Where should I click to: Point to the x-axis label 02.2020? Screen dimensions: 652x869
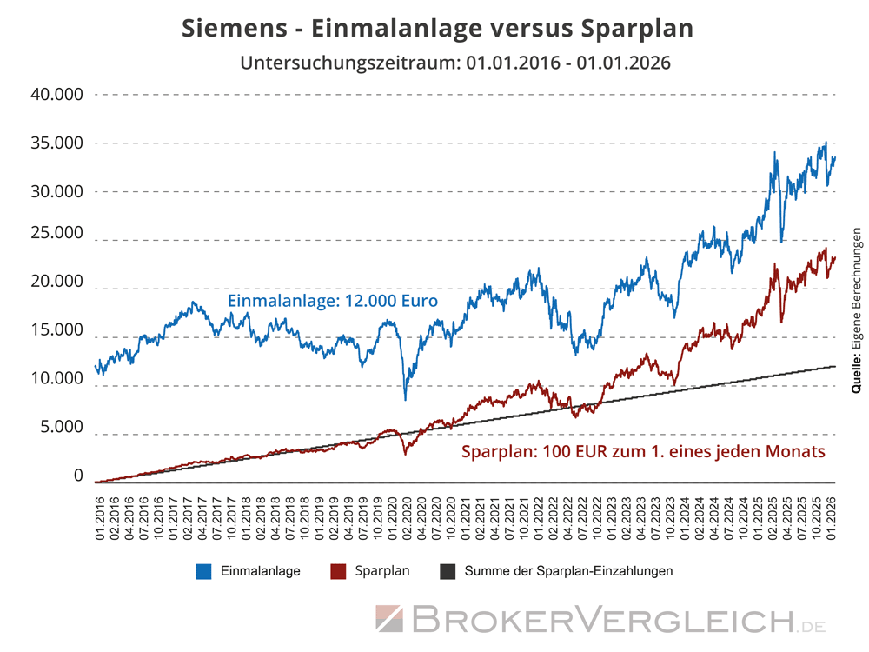point(406,519)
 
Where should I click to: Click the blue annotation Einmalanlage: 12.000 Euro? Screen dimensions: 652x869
point(332,301)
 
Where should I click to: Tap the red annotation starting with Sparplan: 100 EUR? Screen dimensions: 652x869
point(643,452)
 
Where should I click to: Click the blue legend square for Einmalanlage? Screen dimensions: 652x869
point(204,571)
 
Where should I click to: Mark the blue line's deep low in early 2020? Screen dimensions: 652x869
point(406,398)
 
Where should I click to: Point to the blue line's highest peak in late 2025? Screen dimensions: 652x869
point(825,143)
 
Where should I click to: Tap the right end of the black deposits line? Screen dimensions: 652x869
point(834,366)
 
